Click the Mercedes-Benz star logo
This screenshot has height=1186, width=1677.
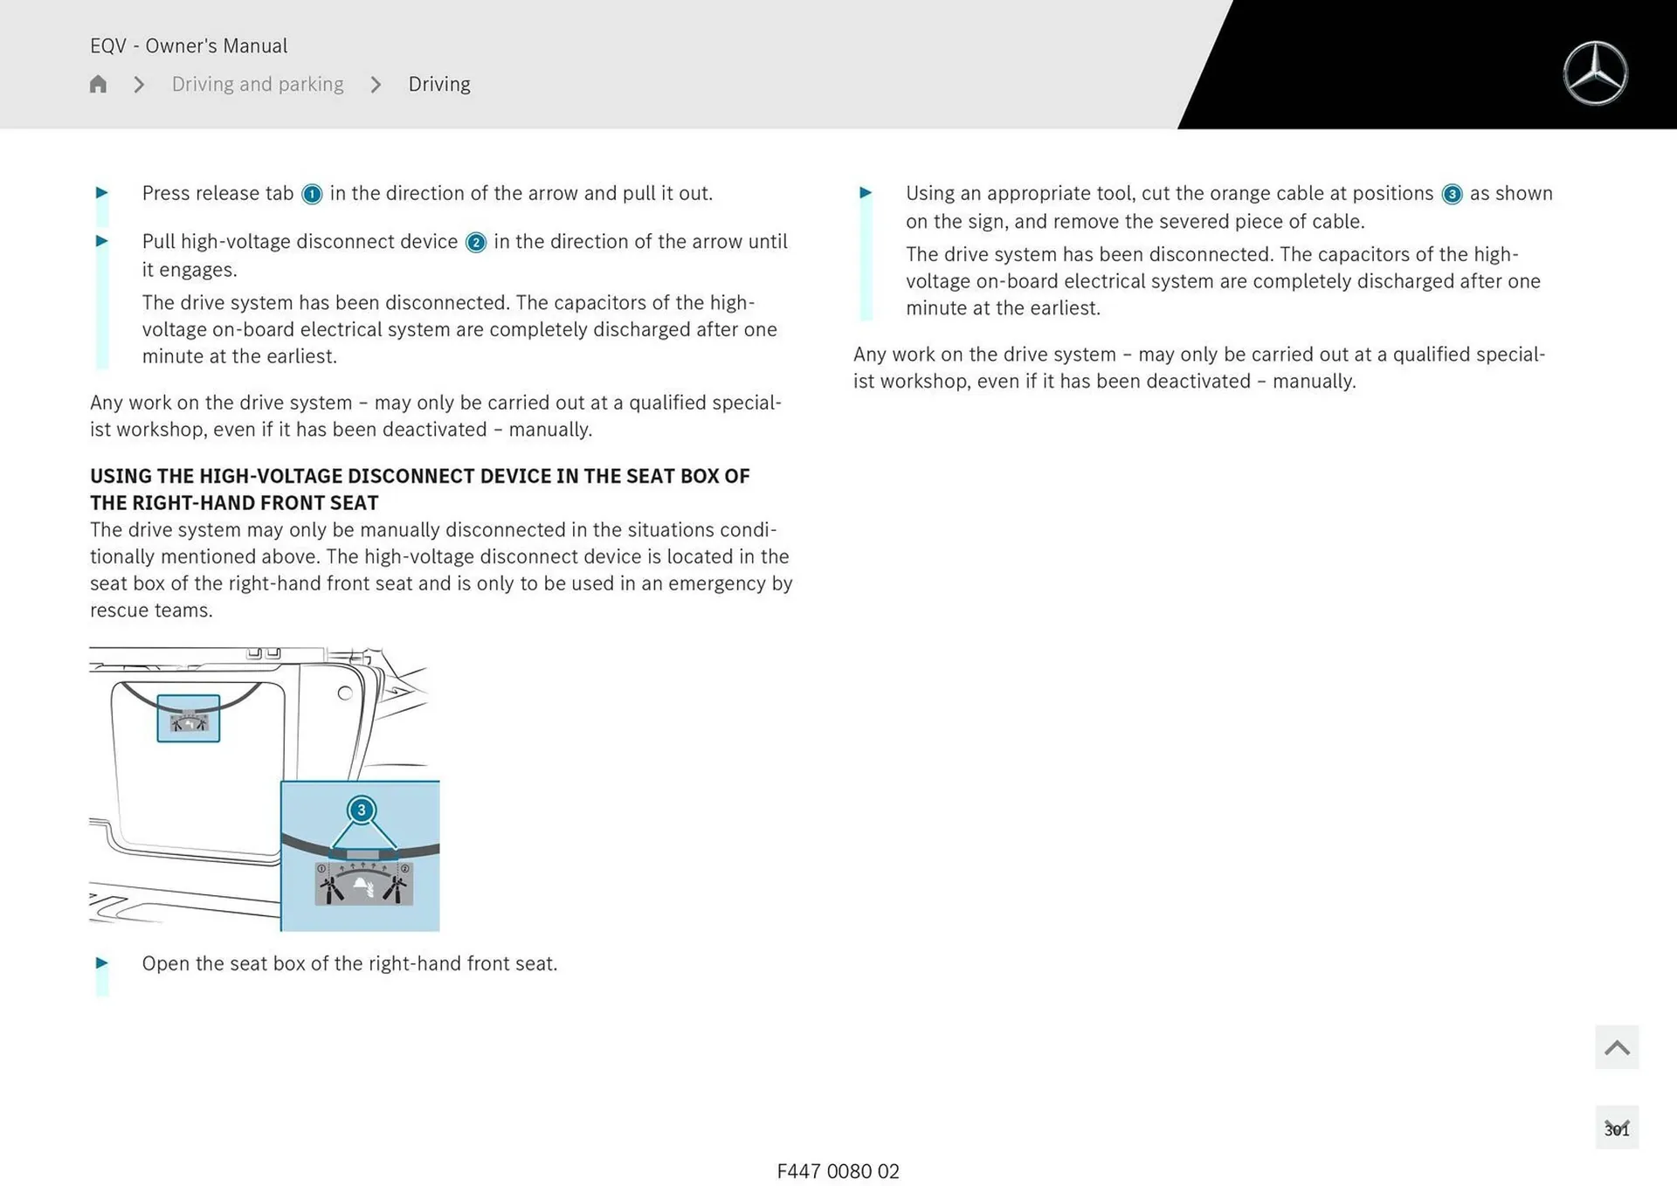pyautogui.click(x=1595, y=73)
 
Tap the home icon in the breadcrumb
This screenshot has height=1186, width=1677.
pyautogui.click(x=98, y=84)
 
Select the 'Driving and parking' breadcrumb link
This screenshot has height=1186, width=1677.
pyautogui.click(x=258, y=84)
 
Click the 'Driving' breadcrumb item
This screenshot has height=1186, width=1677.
pyautogui.click(x=439, y=84)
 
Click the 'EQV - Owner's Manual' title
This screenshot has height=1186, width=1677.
pyautogui.click(x=189, y=45)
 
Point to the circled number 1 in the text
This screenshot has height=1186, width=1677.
pyautogui.click(x=312, y=194)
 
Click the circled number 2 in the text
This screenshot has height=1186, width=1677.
pyautogui.click(x=476, y=243)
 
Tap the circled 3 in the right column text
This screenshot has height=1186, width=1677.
pyautogui.click(x=1452, y=194)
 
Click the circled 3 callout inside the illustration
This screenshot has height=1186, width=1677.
pyautogui.click(x=361, y=810)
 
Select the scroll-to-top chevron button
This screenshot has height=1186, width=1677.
pyautogui.click(x=1617, y=1047)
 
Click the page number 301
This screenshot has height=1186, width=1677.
pyautogui.click(x=1617, y=1129)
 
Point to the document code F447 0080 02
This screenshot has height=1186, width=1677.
pyautogui.click(x=838, y=1171)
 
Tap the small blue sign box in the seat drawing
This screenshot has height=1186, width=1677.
pyautogui.click(x=188, y=719)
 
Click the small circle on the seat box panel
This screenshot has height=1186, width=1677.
pyautogui.click(x=345, y=693)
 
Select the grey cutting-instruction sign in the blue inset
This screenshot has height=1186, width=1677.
pyautogui.click(x=363, y=883)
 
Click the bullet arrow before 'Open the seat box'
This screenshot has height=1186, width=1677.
pyautogui.click(x=102, y=962)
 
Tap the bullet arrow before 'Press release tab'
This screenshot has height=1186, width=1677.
pyautogui.click(x=102, y=192)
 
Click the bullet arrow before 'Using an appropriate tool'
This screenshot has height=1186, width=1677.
pyautogui.click(x=866, y=192)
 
